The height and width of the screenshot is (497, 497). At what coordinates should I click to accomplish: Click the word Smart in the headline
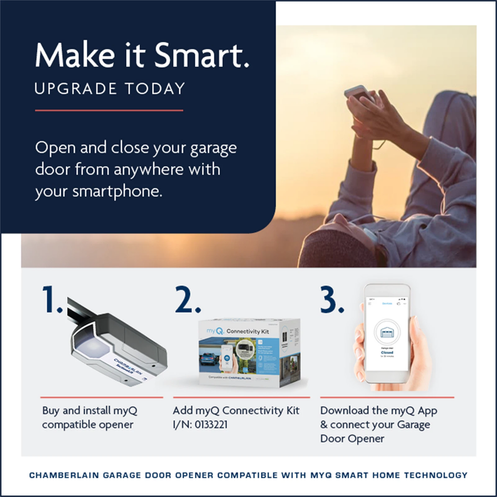pyautogui.click(x=201, y=55)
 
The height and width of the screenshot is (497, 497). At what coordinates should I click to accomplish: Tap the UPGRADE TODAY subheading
pyautogui.click(x=110, y=89)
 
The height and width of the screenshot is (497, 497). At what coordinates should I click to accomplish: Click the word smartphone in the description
pyautogui.click(x=117, y=191)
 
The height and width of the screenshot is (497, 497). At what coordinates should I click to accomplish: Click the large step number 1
pyautogui.click(x=52, y=300)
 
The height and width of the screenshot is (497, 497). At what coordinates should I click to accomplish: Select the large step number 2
pyautogui.click(x=187, y=300)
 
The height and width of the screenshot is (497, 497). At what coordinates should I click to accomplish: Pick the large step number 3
pyautogui.click(x=332, y=300)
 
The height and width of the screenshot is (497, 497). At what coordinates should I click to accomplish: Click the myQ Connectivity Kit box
pyautogui.click(x=249, y=353)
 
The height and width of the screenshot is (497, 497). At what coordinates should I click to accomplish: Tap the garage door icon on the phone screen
pyautogui.click(x=387, y=333)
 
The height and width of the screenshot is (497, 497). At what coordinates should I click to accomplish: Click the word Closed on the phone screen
pyautogui.click(x=387, y=353)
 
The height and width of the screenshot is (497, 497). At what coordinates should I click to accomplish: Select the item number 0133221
pyautogui.click(x=211, y=425)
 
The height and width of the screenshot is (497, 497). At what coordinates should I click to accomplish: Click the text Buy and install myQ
pyautogui.click(x=90, y=411)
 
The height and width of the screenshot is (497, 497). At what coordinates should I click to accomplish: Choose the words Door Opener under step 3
pyautogui.click(x=352, y=439)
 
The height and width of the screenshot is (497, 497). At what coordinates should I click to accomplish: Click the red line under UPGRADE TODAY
pyautogui.click(x=109, y=110)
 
